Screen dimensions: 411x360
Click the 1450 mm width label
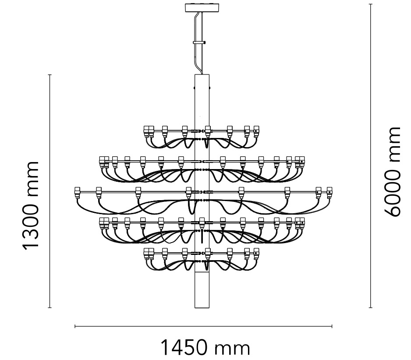(205, 348)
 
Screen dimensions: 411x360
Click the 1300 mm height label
(31, 206)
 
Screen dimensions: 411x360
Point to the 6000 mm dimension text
(392, 172)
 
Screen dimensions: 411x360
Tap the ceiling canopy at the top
(202, 8)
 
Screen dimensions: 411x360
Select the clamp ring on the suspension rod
(199, 42)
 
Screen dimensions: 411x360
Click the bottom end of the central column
(202, 307)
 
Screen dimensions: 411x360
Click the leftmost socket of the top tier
(146, 131)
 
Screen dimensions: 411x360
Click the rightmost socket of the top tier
(256, 131)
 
